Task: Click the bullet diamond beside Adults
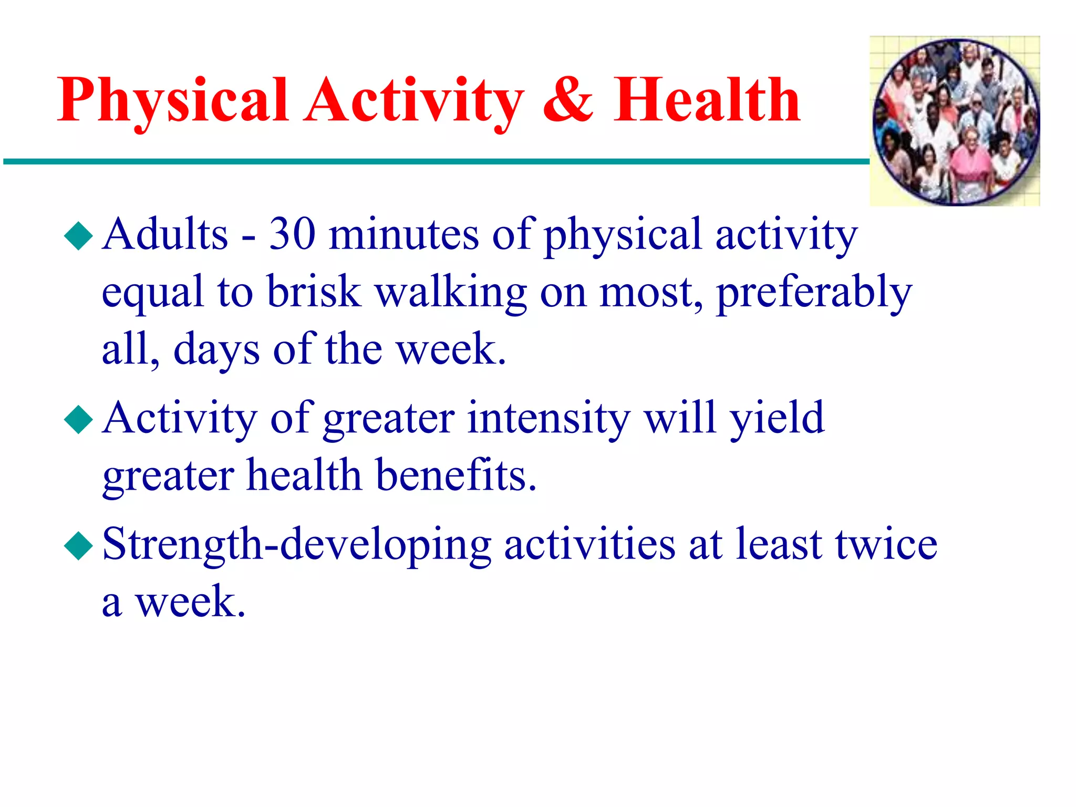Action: [78, 236]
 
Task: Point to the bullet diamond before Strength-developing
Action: [78, 546]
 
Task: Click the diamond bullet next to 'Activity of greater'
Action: [78, 420]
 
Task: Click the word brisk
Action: [314, 292]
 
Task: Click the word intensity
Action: [549, 419]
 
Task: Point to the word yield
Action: [778, 419]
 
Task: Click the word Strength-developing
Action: [296, 545]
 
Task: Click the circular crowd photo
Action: [955, 121]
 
